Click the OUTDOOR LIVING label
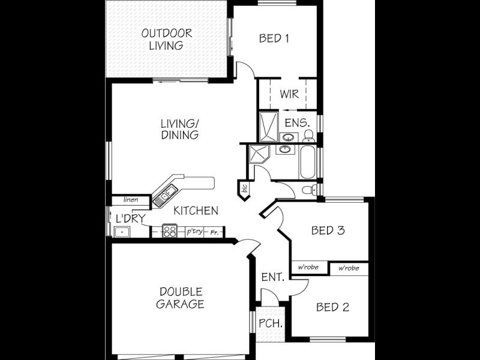[x=166, y=39]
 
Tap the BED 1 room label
[x=274, y=38]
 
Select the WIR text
[x=289, y=94]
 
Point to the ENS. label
[x=297, y=123]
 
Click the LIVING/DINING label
[x=179, y=130]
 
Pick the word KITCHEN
[x=196, y=211]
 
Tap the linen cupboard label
[x=131, y=200]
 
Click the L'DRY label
[x=130, y=218]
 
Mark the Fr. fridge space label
[x=214, y=232]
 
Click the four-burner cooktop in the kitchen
[x=169, y=231]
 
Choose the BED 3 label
[x=328, y=230]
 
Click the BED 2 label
[x=332, y=307]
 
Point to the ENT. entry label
[x=273, y=277]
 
